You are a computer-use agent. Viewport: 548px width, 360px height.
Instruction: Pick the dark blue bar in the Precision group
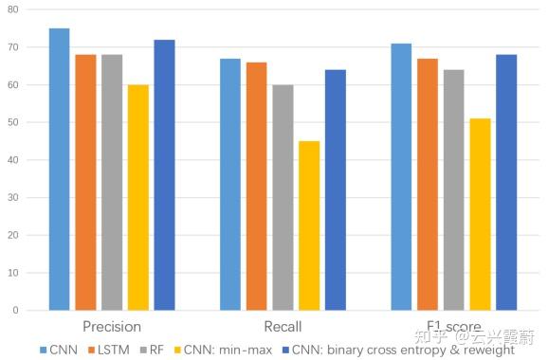(164, 174)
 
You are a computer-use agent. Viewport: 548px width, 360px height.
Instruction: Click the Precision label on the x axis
(112, 327)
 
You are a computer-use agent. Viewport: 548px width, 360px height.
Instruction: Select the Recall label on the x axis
(283, 327)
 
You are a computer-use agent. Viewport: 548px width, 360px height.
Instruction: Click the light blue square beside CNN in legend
(44, 350)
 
